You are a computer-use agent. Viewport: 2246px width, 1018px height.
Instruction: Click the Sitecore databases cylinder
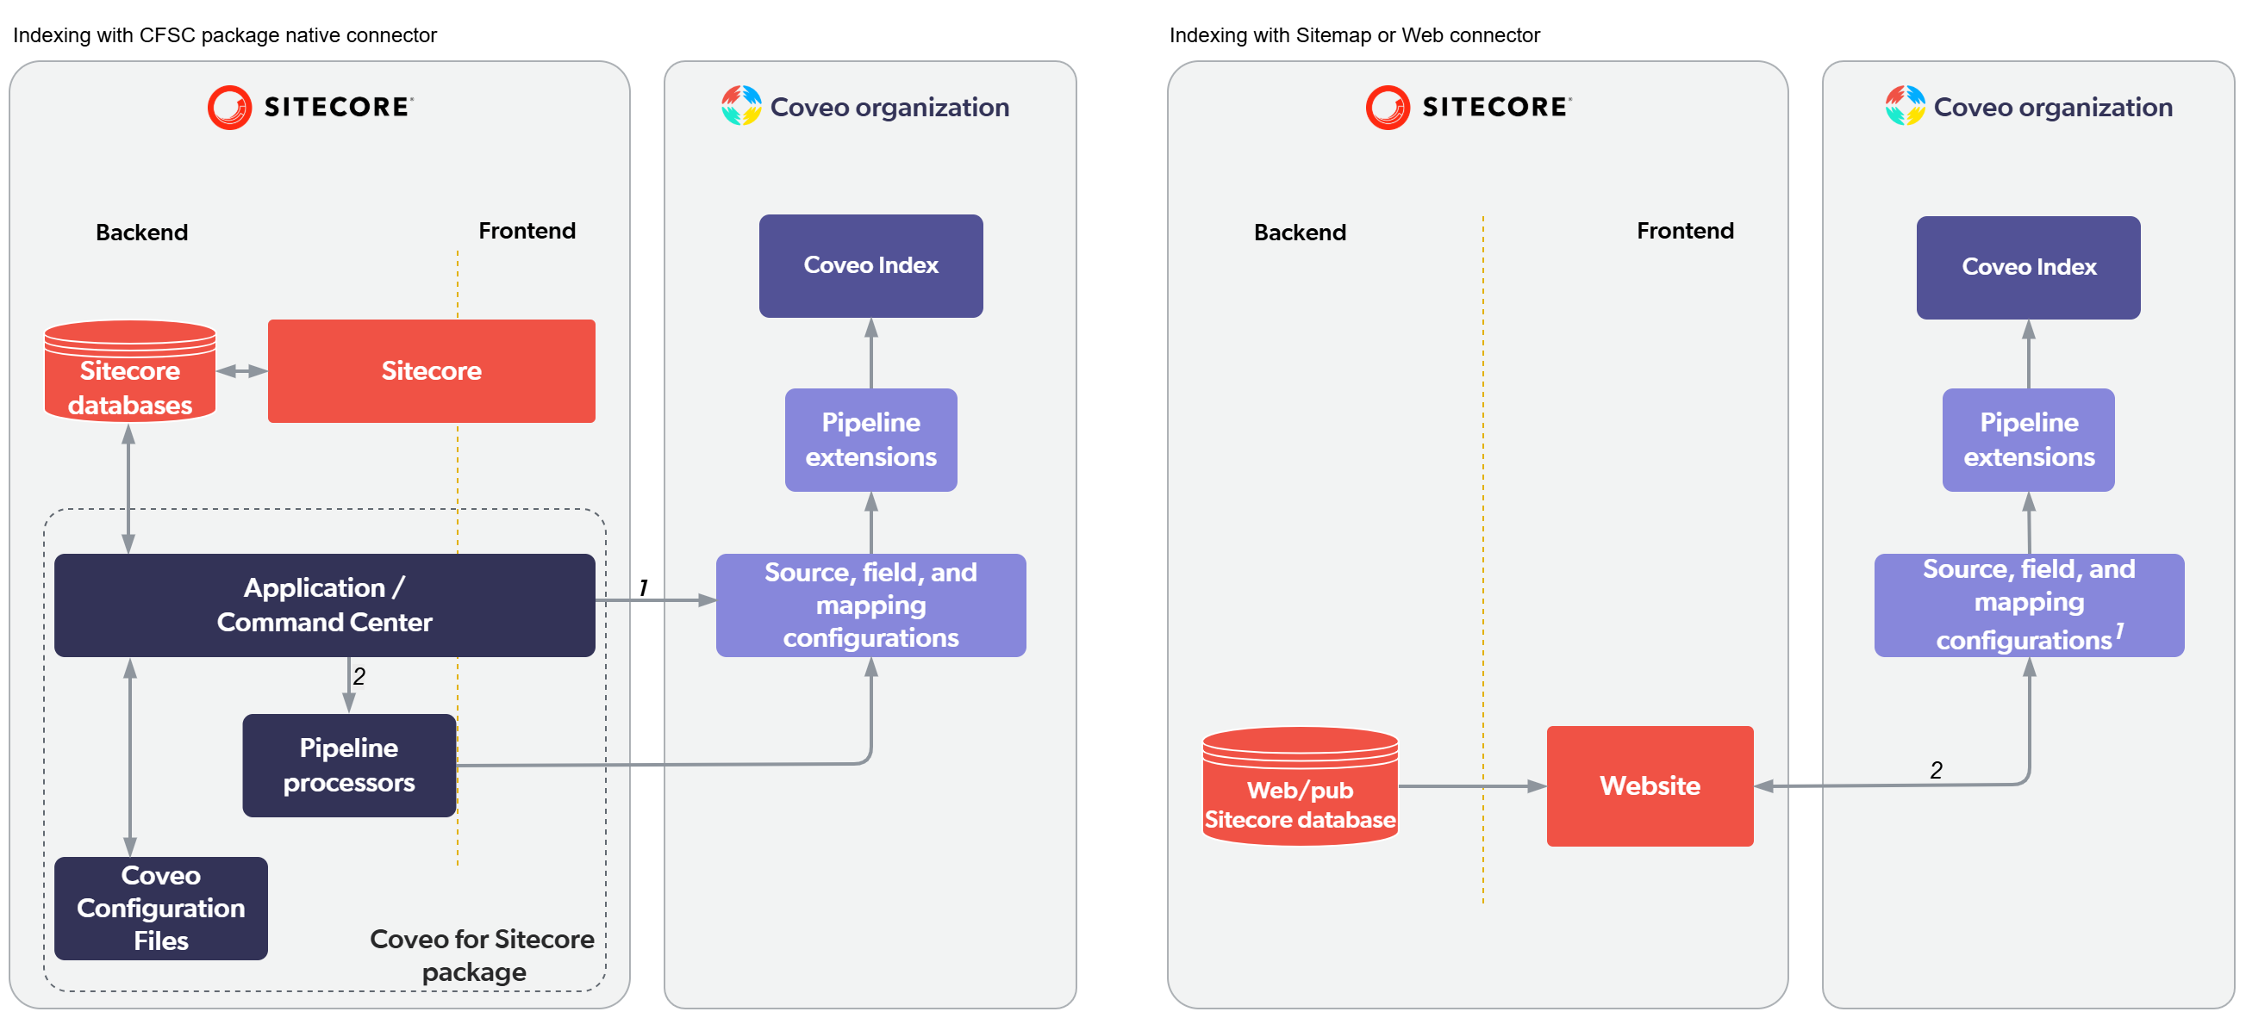(130, 373)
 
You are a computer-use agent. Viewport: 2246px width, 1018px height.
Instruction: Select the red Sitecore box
(431, 371)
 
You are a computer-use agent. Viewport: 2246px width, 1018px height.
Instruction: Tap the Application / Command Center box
(324, 605)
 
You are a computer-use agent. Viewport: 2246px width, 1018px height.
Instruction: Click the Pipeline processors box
(349, 766)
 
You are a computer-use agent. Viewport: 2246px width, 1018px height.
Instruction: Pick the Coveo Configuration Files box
(160, 907)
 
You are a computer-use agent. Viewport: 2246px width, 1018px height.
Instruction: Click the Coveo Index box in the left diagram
(870, 266)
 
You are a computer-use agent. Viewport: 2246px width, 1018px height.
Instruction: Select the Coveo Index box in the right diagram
(2027, 268)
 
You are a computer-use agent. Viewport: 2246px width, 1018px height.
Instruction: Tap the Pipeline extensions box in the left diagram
(870, 439)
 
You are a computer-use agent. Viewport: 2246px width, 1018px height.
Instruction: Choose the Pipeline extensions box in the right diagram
(2027, 439)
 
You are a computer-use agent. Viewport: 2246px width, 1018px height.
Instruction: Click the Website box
(1649, 785)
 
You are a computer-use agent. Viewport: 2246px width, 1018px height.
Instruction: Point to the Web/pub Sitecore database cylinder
(1299, 789)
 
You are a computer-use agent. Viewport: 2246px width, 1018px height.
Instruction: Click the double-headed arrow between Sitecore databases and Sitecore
(241, 371)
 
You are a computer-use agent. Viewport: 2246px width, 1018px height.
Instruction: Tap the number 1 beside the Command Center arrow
(644, 587)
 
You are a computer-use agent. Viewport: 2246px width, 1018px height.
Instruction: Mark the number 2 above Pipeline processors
(359, 675)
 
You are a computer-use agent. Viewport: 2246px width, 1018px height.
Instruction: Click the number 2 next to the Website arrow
(1935, 770)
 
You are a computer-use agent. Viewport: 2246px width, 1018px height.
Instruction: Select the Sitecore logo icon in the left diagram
(229, 107)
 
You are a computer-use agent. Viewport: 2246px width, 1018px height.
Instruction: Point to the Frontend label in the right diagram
(1683, 231)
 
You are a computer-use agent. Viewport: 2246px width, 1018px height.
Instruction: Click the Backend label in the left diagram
(141, 233)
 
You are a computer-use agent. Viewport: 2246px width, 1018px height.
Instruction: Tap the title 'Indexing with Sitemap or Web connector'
(1353, 35)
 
